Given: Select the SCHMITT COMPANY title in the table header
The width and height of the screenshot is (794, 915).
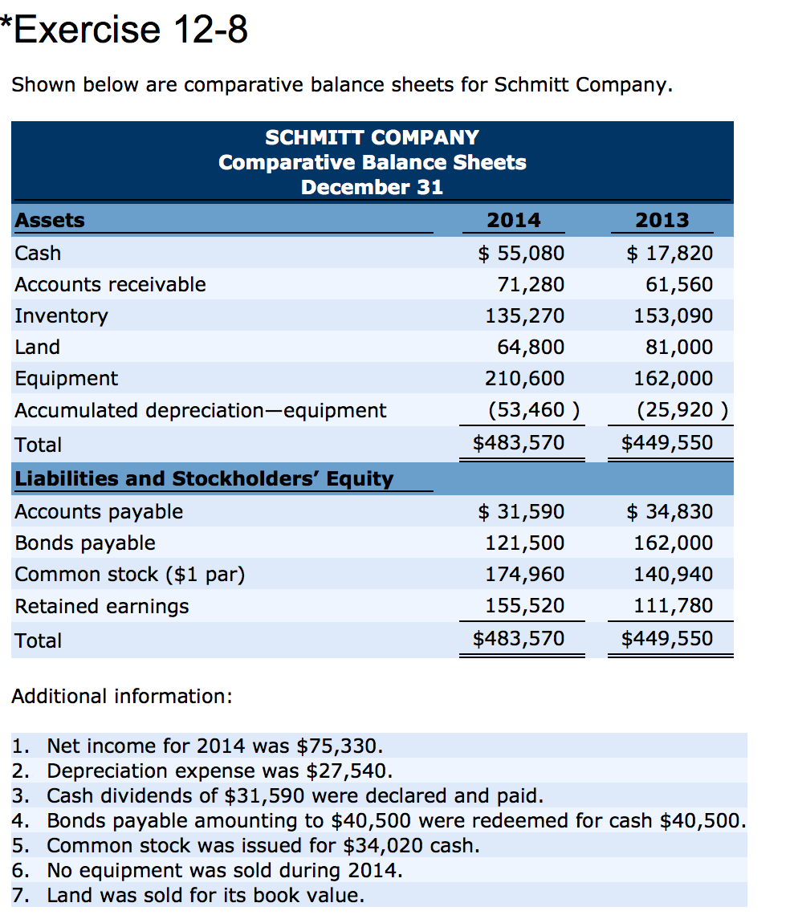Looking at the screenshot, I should pos(372,137).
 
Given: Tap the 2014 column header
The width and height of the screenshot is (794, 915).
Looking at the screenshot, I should pos(514,219).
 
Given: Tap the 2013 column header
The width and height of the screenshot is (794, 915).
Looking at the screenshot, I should pos(662,219).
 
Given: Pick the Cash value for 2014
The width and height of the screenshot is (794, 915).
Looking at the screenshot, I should pos(521,254).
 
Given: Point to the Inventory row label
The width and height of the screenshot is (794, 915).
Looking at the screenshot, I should pos(61,315).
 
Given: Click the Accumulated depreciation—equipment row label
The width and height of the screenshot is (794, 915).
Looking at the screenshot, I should pos(200,410).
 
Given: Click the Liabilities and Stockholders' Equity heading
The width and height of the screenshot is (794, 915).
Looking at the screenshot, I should pos(205,479).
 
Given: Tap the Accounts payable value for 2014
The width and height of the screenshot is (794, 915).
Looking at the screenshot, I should pos(521,511).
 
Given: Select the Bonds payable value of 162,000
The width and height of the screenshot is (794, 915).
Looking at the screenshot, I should pos(674,543).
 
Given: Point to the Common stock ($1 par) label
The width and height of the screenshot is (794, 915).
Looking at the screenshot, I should pos(130,574).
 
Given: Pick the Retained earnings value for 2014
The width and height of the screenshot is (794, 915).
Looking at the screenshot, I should pos(525,605).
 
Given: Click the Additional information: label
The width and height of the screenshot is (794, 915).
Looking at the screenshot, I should pos(122,696).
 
